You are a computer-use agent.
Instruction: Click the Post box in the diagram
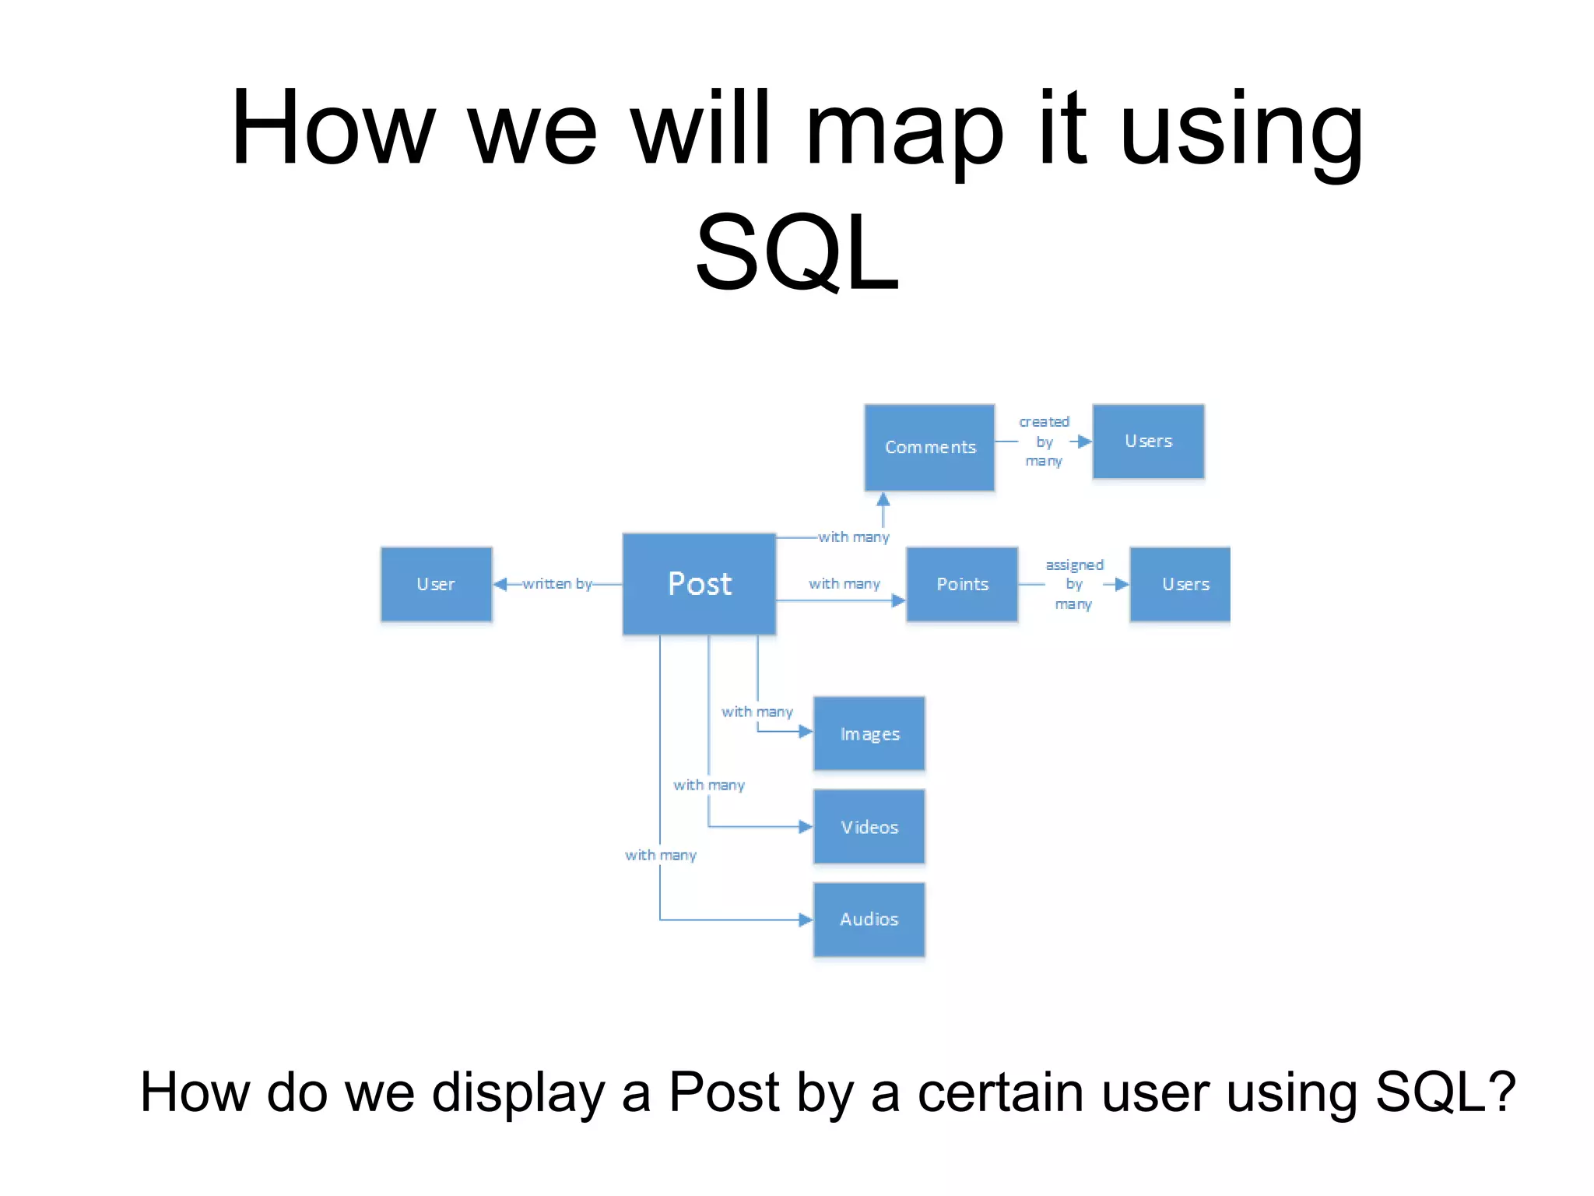[699, 583]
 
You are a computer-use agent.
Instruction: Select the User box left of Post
[436, 584]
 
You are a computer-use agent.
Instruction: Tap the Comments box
[929, 447]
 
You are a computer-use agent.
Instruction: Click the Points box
[962, 584]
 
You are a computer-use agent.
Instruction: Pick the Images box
[869, 733]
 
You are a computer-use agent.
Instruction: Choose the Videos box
[869, 827]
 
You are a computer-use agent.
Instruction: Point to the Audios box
[869, 920]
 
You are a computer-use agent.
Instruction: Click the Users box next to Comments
[1148, 441]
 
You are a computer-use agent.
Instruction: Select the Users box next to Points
[1181, 584]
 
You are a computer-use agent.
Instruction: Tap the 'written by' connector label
[557, 583]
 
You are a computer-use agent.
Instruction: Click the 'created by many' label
[1044, 441]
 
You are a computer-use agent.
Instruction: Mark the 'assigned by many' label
[1074, 584]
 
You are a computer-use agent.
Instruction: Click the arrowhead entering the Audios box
[806, 920]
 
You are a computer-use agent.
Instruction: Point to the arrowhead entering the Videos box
[806, 827]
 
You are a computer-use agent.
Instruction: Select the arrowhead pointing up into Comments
[883, 499]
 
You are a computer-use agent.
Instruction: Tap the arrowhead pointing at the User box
[500, 584]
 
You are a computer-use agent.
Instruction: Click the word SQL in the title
[796, 253]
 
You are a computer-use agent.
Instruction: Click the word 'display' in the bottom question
[518, 1092]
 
